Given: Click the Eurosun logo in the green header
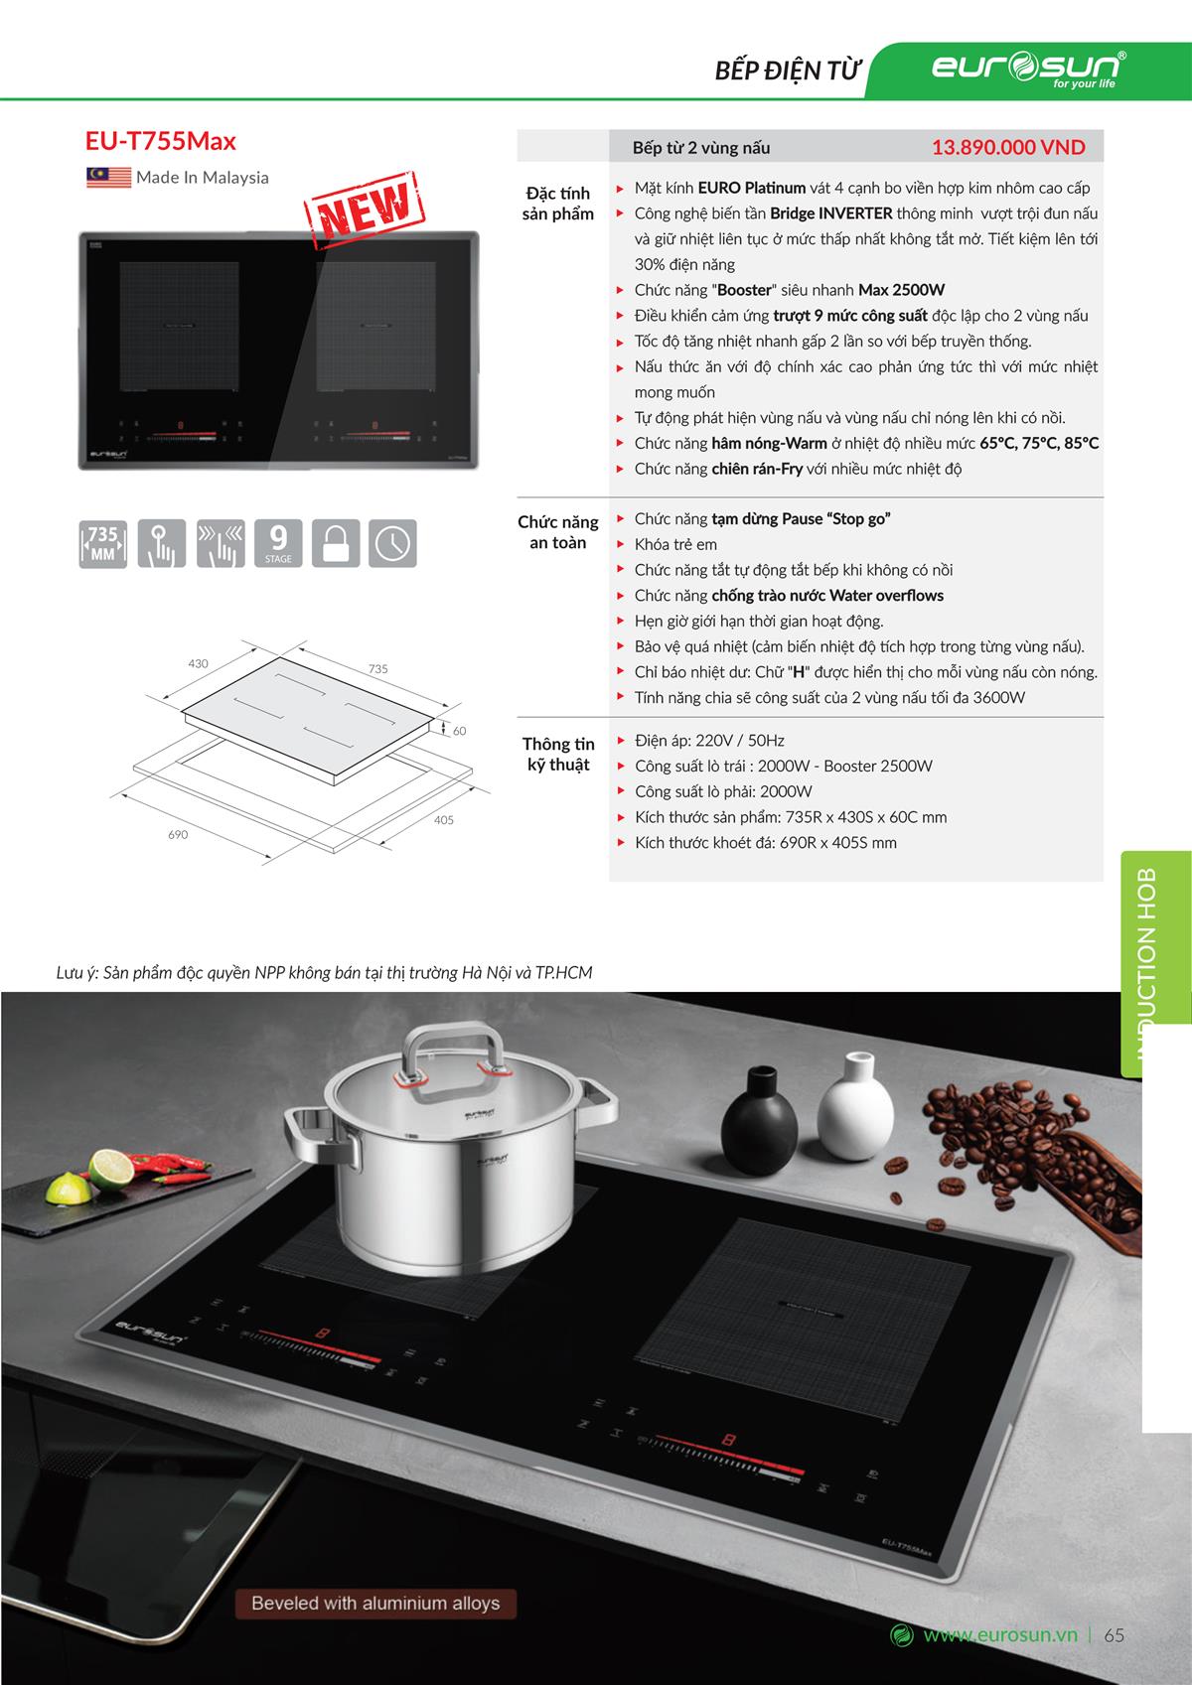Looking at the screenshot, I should pyautogui.click(x=1028, y=69).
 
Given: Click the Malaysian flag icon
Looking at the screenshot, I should pyautogui.click(x=108, y=178).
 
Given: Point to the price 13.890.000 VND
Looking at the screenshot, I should pyautogui.click(x=1007, y=148).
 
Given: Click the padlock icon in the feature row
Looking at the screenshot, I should pyautogui.click(x=336, y=543).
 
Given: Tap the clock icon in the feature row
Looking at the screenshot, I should pyautogui.click(x=392, y=543).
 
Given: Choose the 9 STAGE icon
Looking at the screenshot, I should pyautogui.click(x=278, y=543).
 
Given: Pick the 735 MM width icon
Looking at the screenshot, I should pyautogui.click(x=103, y=543).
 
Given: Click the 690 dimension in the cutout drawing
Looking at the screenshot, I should pyautogui.click(x=178, y=834).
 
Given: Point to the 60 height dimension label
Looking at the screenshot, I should pyautogui.click(x=459, y=731).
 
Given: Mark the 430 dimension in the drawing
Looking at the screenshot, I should pyautogui.click(x=199, y=662).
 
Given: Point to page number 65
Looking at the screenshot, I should pyautogui.click(x=1114, y=1635).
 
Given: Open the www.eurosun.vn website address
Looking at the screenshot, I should pyautogui.click(x=999, y=1635).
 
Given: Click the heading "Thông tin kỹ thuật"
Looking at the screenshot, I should pyautogui.click(x=557, y=754).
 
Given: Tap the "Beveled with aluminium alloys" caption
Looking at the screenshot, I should pyautogui.click(x=375, y=1603).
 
